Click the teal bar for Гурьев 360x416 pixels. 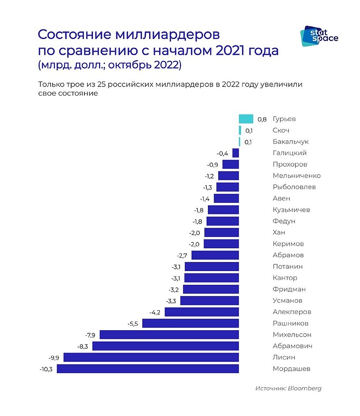click(x=246, y=119)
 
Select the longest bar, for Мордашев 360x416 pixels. click(x=148, y=369)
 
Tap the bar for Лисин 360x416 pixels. click(x=151, y=357)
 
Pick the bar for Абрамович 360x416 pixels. click(x=165, y=346)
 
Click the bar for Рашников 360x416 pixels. click(x=190, y=323)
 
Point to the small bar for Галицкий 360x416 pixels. click(x=235, y=153)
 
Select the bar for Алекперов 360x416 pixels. click(x=201, y=312)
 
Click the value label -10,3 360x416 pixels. click(x=45, y=369)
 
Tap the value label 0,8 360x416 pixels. click(x=262, y=119)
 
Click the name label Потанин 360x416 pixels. click(x=288, y=266)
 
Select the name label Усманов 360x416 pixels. click(x=287, y=301)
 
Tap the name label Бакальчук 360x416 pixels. click(x=291, y=142)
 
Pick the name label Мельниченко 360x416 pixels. click(x=297, y=175)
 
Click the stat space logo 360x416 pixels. click(x=321, y=36)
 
